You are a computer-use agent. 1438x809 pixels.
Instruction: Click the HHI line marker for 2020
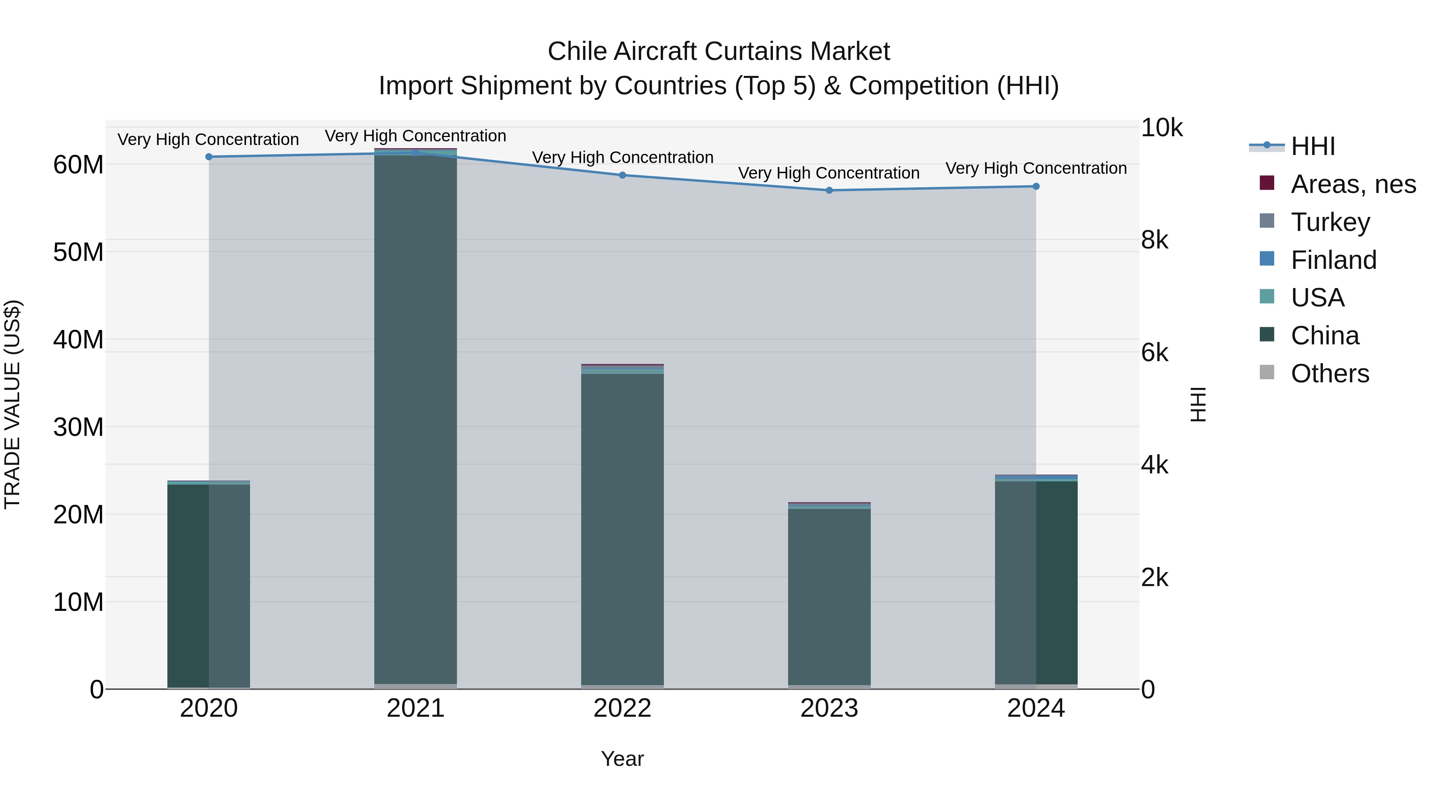(x=209, y=157)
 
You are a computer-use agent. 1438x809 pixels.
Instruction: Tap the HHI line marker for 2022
(x=622, y=175)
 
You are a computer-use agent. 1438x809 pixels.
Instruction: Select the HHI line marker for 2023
(x=829, y=191)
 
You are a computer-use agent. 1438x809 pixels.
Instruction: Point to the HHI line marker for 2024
(x=1036, y=187)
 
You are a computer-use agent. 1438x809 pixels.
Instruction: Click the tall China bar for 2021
(x=415, y=419)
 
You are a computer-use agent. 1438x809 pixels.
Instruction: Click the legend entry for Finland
(x=1333, y=260)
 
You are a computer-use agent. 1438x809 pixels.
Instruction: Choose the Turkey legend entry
(x=1330, y=222)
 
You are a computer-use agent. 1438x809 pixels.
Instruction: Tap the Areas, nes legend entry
(x=1353, y=184)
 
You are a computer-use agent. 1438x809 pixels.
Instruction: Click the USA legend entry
(x=1317, y=298)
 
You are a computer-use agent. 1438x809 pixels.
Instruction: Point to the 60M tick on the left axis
(x=78, y=165)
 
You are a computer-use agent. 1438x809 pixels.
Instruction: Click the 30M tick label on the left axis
(x=78, y=427)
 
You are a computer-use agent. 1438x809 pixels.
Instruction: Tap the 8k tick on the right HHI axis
(x=1154, y=240)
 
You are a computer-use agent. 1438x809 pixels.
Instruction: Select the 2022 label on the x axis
(x=622, y=708)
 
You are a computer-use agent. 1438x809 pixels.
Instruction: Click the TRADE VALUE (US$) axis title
(x=12, y=404)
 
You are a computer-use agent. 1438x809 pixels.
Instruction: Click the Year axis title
(x=622, y=759)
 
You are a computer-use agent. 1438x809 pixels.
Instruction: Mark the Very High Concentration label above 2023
(x=829, y=173)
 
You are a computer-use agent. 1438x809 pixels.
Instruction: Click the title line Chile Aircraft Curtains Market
(x=719, y=52)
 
